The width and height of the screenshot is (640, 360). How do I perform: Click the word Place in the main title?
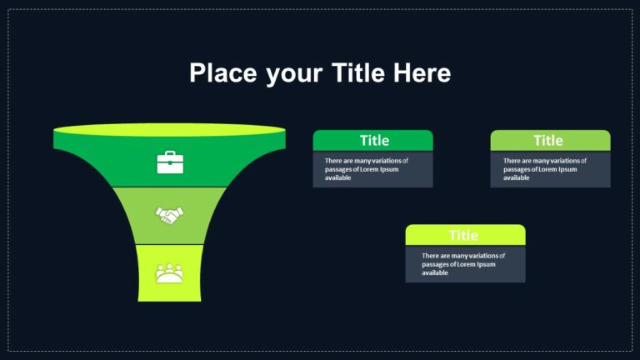pos(223,73)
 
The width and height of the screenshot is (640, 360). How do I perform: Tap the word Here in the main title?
pos(422,73)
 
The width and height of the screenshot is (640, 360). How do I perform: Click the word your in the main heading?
pos(294,76)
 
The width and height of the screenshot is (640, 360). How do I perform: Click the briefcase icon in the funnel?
pos(170,162)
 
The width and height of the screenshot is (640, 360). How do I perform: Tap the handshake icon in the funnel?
pos(169,215)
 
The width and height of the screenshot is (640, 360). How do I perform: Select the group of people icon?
pos(169,273)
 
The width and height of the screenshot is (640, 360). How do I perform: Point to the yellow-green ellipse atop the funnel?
pos(169,130)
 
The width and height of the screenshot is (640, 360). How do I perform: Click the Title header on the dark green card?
pos(374,141)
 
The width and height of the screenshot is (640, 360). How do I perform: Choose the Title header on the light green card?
pos(548,141)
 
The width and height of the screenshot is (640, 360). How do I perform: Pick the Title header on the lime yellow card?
pos(463,236)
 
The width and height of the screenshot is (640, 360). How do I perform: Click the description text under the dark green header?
pos(366,169)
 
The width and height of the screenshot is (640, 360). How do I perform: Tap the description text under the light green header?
pos(544,169)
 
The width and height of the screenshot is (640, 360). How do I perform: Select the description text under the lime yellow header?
pos(463,264)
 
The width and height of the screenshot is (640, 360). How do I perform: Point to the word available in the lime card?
pos(435,272)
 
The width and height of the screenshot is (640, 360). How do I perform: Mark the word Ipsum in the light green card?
pos(567,169)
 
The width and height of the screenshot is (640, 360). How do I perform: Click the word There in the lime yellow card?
pos(430,256)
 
